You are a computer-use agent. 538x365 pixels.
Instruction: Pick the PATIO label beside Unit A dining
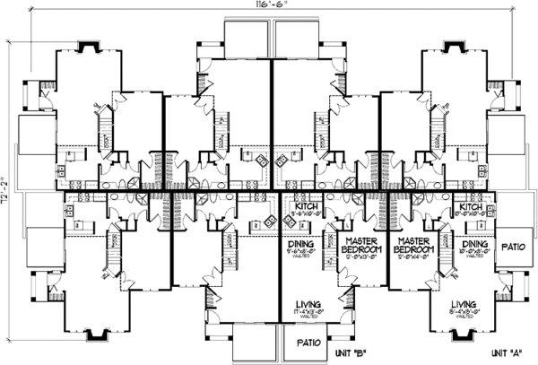coord(513,245)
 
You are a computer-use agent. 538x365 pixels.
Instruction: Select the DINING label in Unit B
coord(300,243)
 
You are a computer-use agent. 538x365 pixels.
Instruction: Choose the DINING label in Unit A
coord(474,243)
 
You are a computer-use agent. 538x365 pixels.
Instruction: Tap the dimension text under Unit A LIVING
coord(464,313)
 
